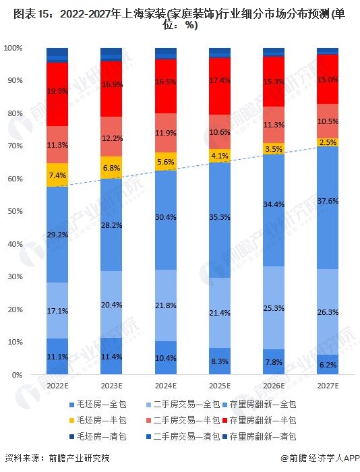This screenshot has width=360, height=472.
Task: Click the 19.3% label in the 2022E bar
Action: coord(57,90)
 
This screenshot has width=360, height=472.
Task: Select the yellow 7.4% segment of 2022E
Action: coord(57,175)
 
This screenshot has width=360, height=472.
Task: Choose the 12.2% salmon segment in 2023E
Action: coord(111,138)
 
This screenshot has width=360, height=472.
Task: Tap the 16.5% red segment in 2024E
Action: coord(166,81)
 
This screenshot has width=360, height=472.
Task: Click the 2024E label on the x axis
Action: coord(166,386)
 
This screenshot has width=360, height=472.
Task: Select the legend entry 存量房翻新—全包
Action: coord(266,405)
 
